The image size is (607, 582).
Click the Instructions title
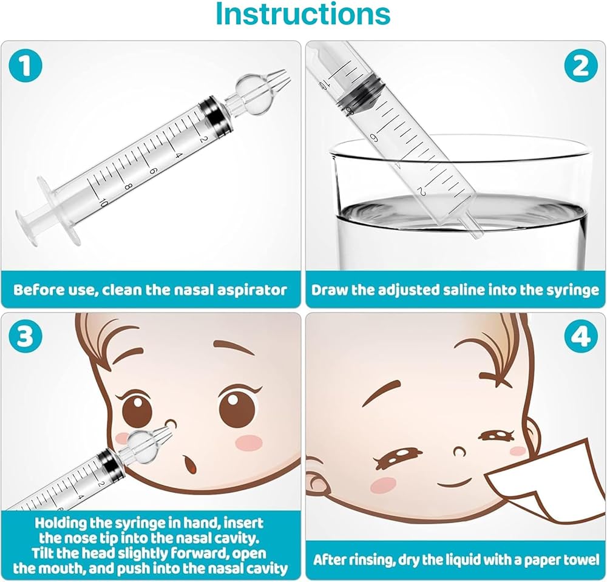click(x=303, y=14)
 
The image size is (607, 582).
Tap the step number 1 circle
click(x=25, y=65)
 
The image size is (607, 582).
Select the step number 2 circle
click(x=581, y=65)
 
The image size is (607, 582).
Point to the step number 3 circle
click(x=25, y=336)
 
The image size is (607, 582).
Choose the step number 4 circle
click(x=581, y=336)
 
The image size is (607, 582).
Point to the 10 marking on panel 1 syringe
click(x=102, y=202)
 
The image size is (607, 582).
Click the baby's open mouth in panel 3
click(x=190, y=464)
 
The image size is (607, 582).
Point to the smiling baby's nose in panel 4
click(x=460, y=451)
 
